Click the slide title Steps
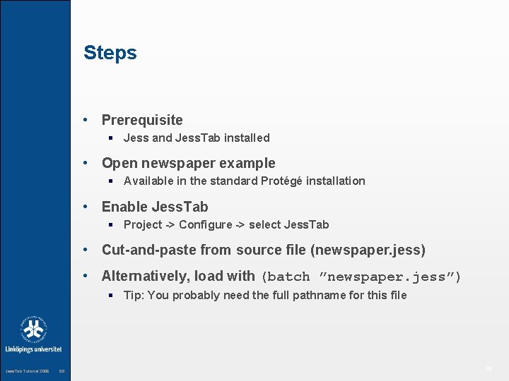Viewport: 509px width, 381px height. pyautogui.click(x=110, y=53)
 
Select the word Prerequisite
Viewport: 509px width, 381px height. pyautogui.click(x=142, y=120)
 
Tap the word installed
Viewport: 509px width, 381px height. pyautogui.click(x=247, y=138)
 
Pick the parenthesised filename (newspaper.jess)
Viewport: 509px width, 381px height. pyautogui.click(x=370, y=250)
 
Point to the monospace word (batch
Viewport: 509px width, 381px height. pyautogui.click(x=286, y=277)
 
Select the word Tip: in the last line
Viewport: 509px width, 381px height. pyautogui.click(x=134, y=296)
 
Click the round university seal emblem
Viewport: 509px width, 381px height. pyautogui.click(x=34, y=329)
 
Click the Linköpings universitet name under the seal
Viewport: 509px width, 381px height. pyautogui.click(x=34, y=349)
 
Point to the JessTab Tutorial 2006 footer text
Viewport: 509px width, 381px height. pyautogui.click(x=27, y=371)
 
